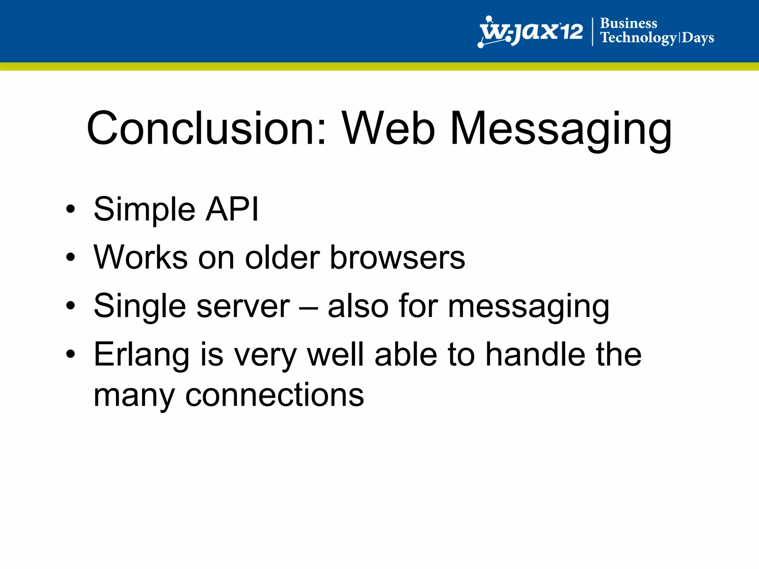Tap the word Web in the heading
pyautogui.click(x=388, y=129)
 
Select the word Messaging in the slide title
pyautogui.click(x=560, y=130)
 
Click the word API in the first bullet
pyautogui.click(x=232, y=209)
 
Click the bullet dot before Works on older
pyautogui.click(x=70, y=257)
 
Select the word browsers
pyautogui.click(x=397, y=257)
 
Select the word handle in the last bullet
pyautogui.click(x=536, y=355)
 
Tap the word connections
pyautogui.click(x=275, y=395)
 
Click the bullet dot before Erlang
pyautogui.click(x=70, y=354)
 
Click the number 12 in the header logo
pyautogui.click(x=571, y=32)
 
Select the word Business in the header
pyautogui.click(x=629, y=23)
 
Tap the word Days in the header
pyautogui.click(x=698, y=38)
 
